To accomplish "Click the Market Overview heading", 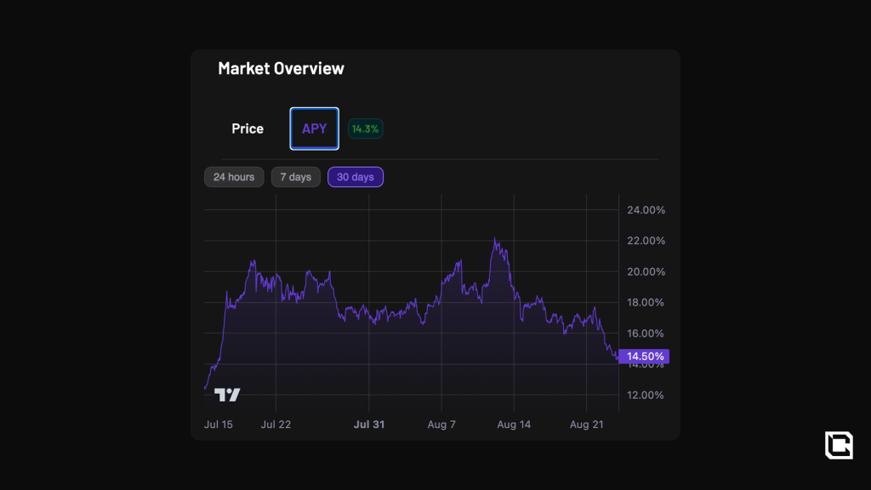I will (x=281, y=69).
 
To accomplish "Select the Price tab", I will (x=248, y=128).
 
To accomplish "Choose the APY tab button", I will (x=314, y=128).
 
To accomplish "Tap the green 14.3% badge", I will (x=366, y=128).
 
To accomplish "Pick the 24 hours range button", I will (x=234, y=177).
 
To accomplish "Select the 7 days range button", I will (x=296, y=177).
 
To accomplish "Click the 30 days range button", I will (x=356, y=177).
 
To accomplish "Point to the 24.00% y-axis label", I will (x=646, y=210).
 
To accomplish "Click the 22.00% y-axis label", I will (x=646, y=241).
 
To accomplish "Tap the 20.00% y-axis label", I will (x=646, y=271).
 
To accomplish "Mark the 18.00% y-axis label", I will (x=646, y=302).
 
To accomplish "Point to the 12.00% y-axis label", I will (x=646, y=395).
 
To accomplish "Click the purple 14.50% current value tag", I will (x=644, y=356).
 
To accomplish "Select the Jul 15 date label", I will (x=219, y=424).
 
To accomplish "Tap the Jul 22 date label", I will (x=276, y=424).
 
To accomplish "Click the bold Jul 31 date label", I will (x=369, y=424).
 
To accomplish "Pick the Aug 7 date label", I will (x=441, y=424).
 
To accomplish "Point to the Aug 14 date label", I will (x=514, y=424).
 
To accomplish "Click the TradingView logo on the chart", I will (x=227, y=395).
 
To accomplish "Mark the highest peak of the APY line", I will (x=495, y=240).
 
